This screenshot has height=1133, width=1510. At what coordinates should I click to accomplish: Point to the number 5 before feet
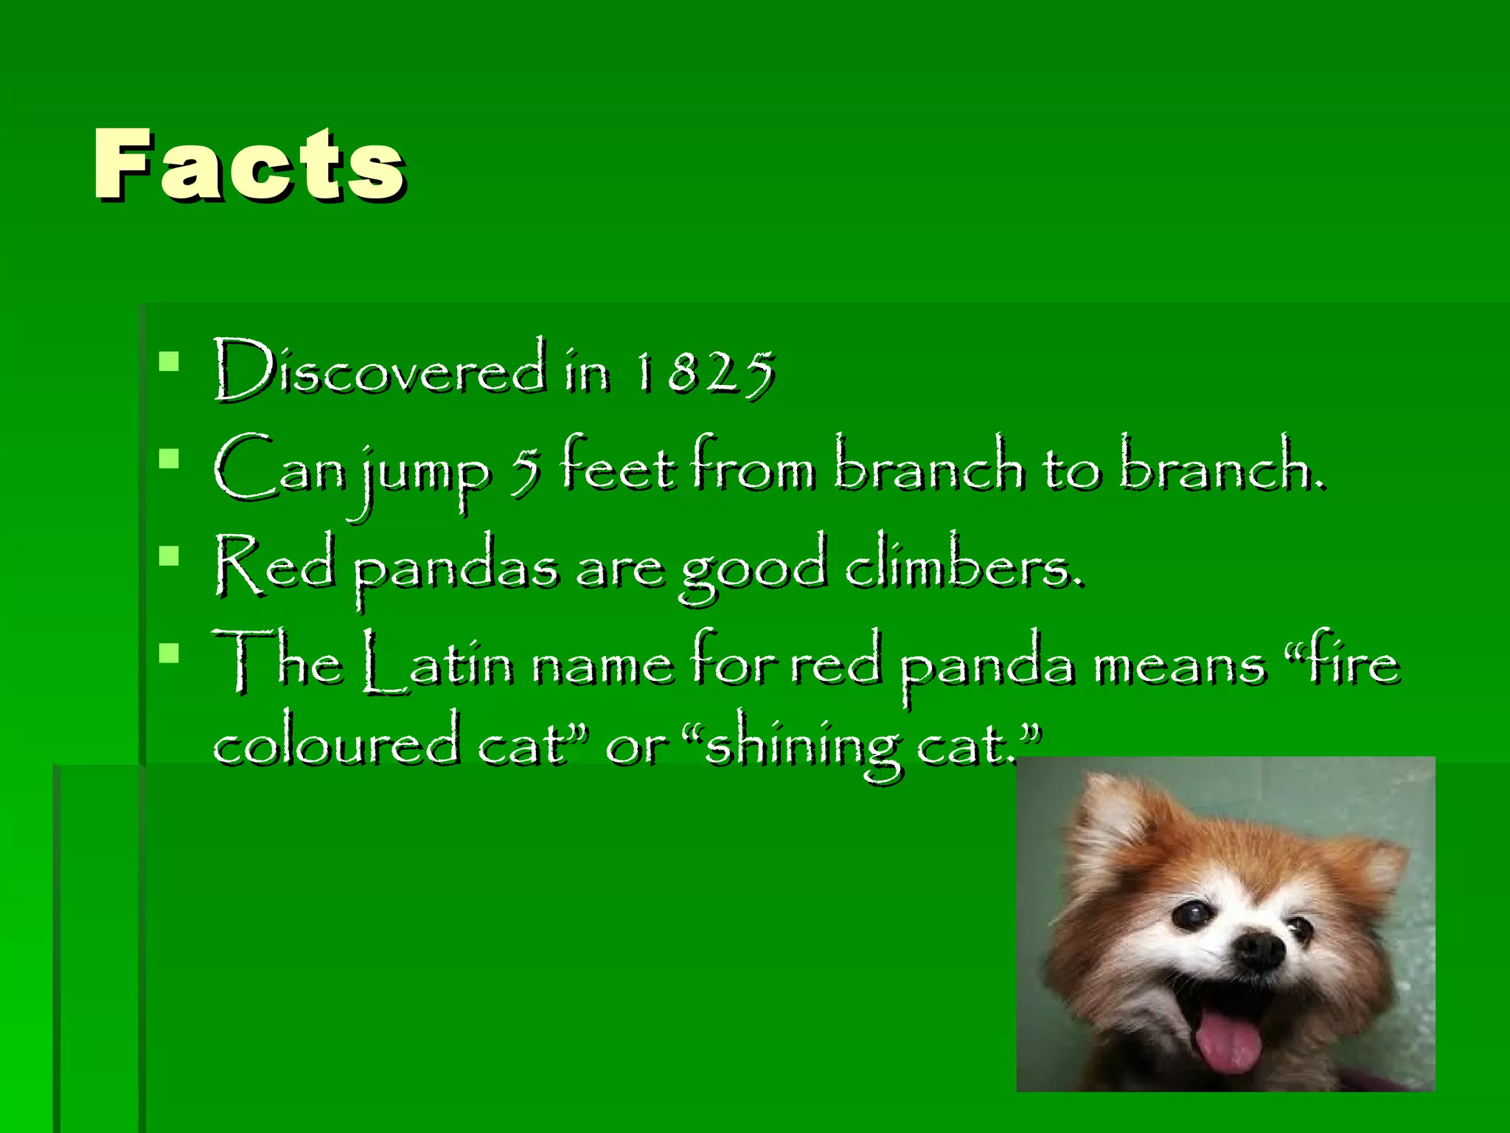point(526,472)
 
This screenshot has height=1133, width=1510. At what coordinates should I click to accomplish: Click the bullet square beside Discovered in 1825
point(169,361)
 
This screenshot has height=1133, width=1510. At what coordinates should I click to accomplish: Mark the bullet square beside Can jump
point(169,459)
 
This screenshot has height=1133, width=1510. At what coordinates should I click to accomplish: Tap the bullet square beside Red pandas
point(169,555)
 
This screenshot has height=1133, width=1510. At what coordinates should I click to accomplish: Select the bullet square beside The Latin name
point(169,653)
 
